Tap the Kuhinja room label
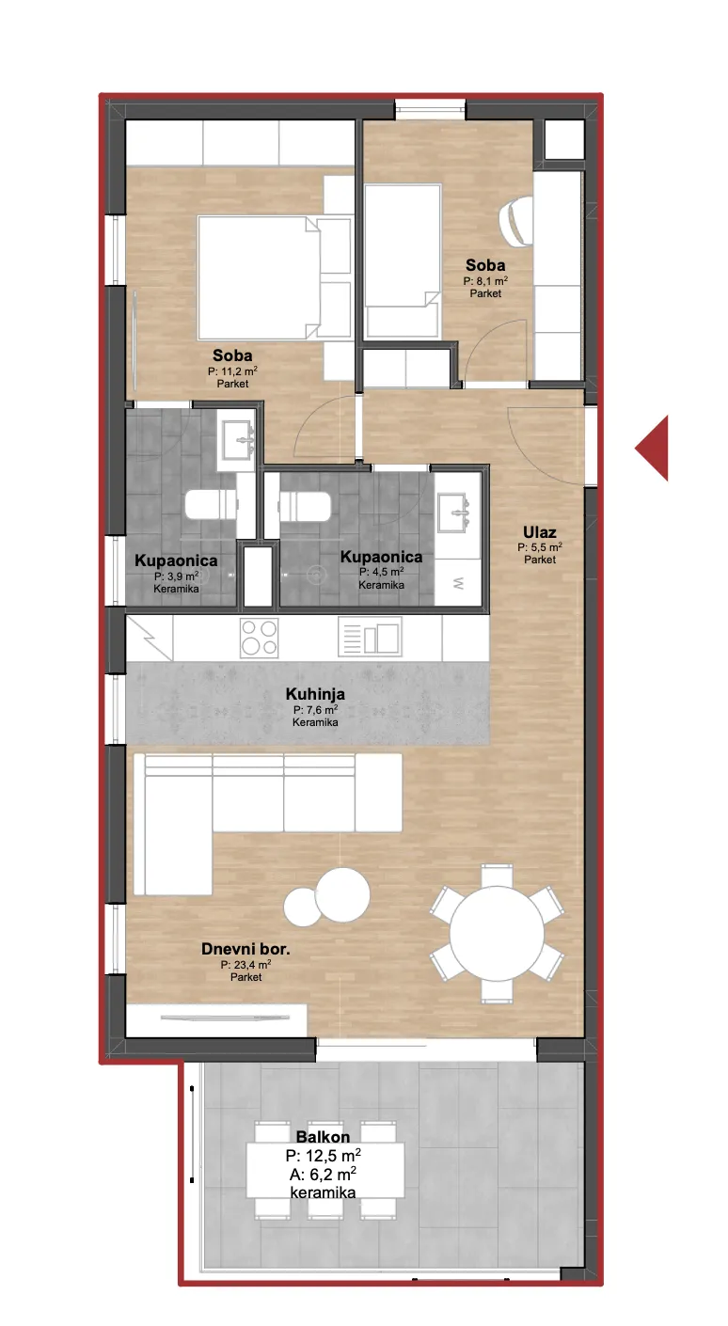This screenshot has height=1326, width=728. click(x=315, y=694)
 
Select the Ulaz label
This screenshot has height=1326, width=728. click(x=539, y=532)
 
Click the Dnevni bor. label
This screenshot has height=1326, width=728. click(x=245, y=949)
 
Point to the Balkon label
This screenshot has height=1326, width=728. click(x=324, y=1137)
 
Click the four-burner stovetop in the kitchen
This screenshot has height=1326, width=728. click(x=260, y=638)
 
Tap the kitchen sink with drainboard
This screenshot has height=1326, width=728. click(x=370, y=637)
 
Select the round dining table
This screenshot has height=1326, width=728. click(x=497, y=934)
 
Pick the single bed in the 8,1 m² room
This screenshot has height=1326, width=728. click(x=403, y=261)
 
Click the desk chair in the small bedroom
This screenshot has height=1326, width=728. click(x=516, y=220)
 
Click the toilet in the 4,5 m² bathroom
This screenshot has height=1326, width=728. click(x=304, y=506)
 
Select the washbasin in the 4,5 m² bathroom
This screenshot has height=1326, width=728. click(x=454, y=513)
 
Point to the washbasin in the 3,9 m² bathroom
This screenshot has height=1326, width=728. click(x=238, y=440)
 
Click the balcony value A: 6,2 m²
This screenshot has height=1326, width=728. click(x=324, y=1174)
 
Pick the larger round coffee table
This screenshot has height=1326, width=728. click(x=342, y=895)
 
